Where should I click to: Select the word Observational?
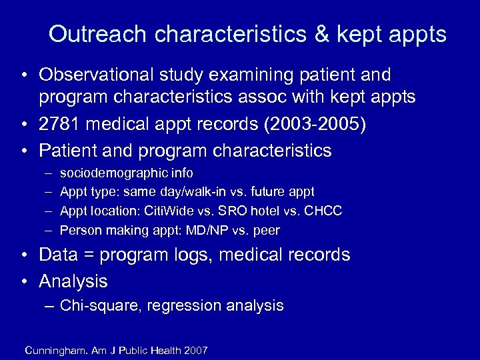click(x=105, y=75)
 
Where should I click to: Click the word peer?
click(x=266, y=231)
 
